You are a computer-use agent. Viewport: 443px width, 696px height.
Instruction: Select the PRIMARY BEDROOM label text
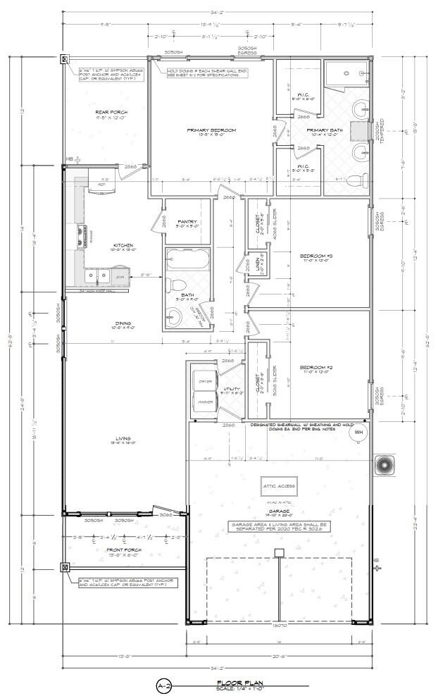point(211,130)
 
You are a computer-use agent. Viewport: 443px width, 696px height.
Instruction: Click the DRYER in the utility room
point(205,381)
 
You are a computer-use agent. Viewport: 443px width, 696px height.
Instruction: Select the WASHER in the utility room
point(205,402)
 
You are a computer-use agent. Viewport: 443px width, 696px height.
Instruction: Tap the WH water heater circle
point(358,432)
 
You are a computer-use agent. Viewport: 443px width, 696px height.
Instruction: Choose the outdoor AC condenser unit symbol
point(384,465)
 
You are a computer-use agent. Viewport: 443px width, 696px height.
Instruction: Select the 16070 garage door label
point(280,624)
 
